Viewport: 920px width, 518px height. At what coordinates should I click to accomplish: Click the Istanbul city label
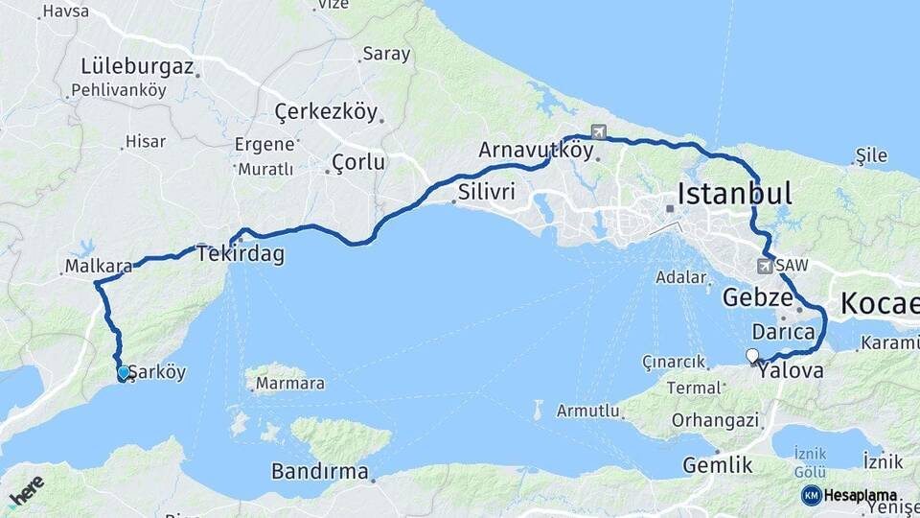pyautogui.click(x=734, y=195)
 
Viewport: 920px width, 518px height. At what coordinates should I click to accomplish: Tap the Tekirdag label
pyautogui.click(x=241, y=254)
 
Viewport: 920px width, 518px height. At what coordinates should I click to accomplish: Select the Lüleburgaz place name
pyautogui.click(x=138, y=67)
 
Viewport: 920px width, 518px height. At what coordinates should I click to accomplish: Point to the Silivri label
pyautogui.click(x=486, y=192)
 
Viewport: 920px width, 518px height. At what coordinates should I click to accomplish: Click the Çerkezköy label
pyautogui.click(x=326, y=112)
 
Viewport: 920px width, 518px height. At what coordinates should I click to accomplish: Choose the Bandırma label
pyautogui.click(x=319, y=471)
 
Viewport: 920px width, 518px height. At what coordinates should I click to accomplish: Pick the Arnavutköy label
pyautogui.click(x=536, y=151)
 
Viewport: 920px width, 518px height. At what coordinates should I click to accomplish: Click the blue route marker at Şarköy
pyautogui.click(x=123, y=373)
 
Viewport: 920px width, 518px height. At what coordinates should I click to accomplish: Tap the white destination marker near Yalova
pyautogui.click(x=752, y=357)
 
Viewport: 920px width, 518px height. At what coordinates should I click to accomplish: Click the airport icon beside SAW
pyautogui.click(x=765, y=265)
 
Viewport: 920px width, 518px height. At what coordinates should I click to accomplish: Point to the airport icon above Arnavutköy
pyautogui.click(x=599, y=131)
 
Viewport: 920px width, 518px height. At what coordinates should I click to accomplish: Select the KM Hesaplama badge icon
pyautogui.click(x=812, y=495)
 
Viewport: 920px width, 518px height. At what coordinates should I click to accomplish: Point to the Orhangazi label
pyautogui.click(x=716, y=419)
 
